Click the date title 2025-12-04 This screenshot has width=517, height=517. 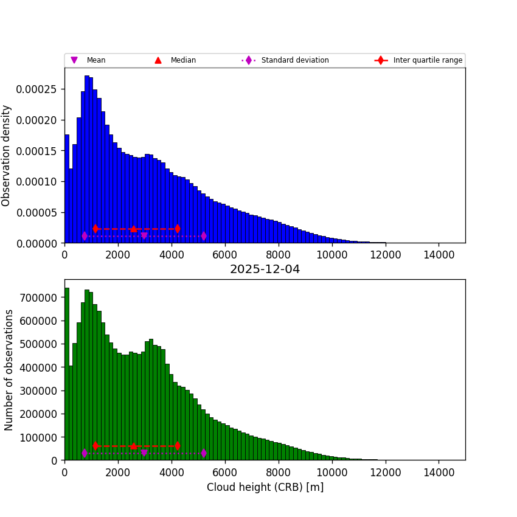(x=265, y=269)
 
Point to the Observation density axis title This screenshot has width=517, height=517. (x=7, y=156)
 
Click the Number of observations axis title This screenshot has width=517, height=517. (x=9, y=370)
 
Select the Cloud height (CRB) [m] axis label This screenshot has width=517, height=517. (x=265, y=487)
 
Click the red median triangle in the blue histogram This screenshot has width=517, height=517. (x=134, y=229)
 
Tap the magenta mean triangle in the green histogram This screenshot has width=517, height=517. (x=144, y=453)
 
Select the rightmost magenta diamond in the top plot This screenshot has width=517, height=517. (x=203, y=236)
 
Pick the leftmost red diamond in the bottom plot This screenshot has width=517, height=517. (x=95, y=446)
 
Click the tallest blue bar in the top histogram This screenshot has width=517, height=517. (x=87, y=158)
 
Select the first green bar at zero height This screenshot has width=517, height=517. (x=66, y=374)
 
